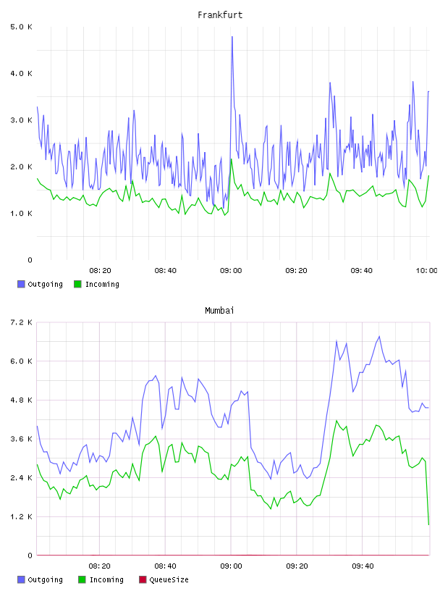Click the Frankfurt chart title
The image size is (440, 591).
pos(220,15)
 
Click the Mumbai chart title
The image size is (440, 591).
pos(219,311)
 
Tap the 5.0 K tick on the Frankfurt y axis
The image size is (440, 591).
pos(22,27)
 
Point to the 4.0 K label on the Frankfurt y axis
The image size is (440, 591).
pos(22,73)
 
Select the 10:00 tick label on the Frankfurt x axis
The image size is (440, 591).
pos(426,271)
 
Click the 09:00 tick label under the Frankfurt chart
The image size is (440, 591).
pos(231,271)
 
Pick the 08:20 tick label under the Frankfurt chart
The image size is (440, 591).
pos(100,271)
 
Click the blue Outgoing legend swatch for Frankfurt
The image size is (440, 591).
pos(21,284)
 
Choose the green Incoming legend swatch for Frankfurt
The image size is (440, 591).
pos(77,284)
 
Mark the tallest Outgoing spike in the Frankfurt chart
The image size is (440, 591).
pos(232,37)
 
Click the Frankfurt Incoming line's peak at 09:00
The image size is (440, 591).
pos(232,159)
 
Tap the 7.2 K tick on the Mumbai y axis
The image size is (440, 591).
pos(22,322)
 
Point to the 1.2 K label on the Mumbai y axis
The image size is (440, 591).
pos(22,516)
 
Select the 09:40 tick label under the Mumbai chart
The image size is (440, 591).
pos(363,566)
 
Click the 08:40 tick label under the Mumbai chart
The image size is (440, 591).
pos(166,566)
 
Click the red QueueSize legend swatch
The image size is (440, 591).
pos(143,579)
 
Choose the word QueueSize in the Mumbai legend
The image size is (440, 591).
pos(169,580)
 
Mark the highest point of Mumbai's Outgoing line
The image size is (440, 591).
pos(379,337)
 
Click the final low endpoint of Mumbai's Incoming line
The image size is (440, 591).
pos(428,524)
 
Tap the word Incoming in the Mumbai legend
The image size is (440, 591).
pos(106,580)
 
